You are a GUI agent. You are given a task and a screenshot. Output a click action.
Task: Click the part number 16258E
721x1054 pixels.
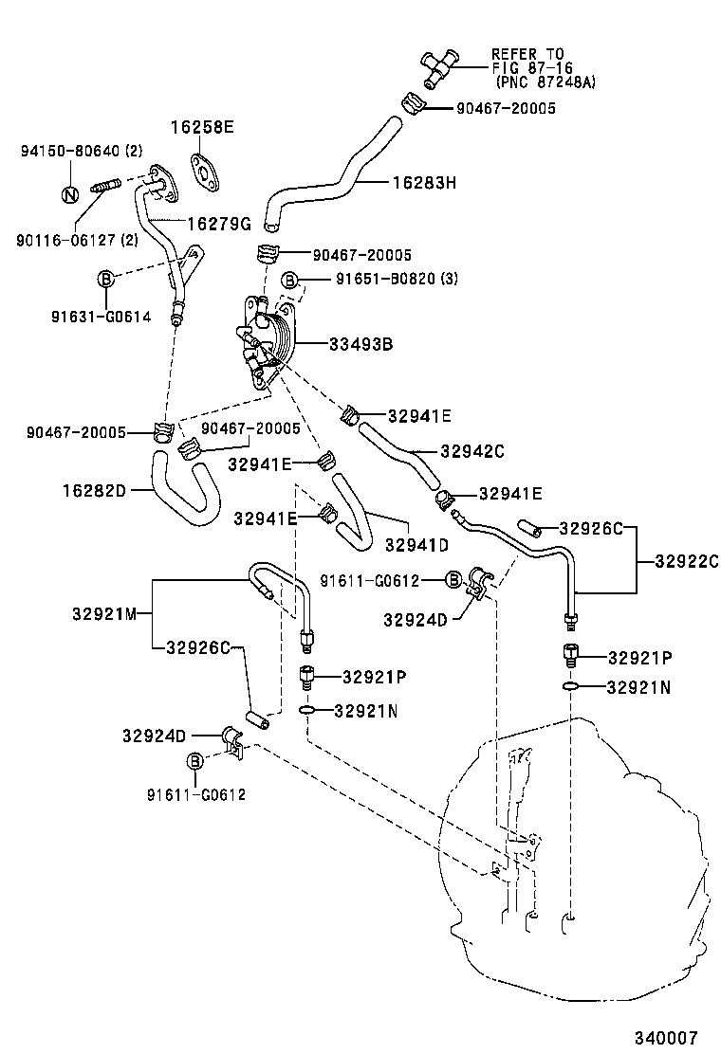coord(202,126)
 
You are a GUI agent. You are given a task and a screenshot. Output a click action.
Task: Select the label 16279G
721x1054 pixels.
coord(218,224)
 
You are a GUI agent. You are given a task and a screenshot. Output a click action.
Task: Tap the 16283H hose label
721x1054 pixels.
coord(424,182)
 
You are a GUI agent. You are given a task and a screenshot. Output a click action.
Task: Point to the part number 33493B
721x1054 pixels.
coord(360,344)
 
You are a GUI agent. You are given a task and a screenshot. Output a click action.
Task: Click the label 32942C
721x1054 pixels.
coord(471,451)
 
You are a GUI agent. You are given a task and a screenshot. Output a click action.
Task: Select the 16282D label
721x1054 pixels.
coord(95,490)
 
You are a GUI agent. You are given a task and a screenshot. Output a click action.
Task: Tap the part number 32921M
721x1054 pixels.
coord(104,613)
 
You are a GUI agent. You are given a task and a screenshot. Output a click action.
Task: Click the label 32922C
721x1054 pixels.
coord(686,560)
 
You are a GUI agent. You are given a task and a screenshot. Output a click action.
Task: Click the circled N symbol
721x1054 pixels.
coord(69,195)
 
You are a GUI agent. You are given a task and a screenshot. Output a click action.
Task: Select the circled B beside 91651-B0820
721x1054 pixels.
coord(292,280)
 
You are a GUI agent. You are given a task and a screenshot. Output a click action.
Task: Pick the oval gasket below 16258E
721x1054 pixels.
coord(202,169)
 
